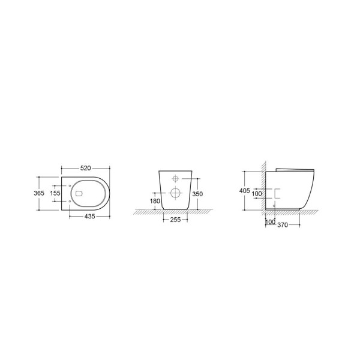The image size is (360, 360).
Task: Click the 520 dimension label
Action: click(x=85, y=168)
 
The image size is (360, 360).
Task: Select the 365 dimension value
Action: click(x=39, y=193)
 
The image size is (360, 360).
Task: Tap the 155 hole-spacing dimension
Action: click(x=55, y=193)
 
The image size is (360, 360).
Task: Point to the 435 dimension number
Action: click(x=89, y=216)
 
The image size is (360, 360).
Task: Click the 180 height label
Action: click(x=155, y=201)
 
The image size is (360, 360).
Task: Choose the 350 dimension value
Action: click(x=197, y=194)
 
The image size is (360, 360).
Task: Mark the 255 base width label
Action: click(x=175, y=220)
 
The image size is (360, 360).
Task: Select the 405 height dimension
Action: click(x=245, y=191)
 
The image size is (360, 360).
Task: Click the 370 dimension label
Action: click(x=283, y=225)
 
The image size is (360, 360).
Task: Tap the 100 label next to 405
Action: click(x=257, y=194)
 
